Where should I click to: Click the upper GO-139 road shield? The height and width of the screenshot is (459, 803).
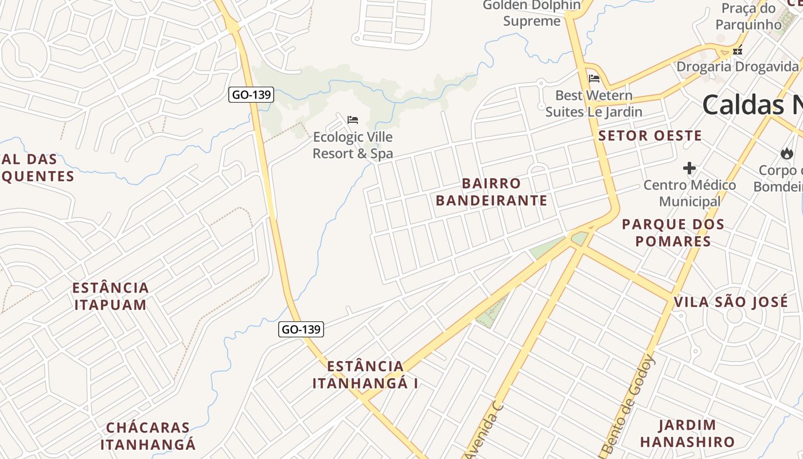point(251,95)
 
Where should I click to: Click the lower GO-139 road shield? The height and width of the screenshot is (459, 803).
point(301,329)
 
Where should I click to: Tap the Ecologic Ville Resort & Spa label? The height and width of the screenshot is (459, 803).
point(353,145)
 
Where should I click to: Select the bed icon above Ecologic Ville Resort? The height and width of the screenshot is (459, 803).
point(353,120)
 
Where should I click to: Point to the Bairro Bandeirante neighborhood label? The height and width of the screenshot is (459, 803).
point(492,192)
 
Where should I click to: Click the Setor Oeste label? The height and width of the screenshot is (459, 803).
point(650,136)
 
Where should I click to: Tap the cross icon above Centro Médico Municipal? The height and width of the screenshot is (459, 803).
point(689,168)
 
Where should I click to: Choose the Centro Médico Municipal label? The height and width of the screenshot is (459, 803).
point(689,193)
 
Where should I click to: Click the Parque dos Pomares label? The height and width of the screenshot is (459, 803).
point(673,232)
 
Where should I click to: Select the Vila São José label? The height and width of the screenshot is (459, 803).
point(731,302)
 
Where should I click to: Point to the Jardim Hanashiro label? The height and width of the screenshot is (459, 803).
point(687,433)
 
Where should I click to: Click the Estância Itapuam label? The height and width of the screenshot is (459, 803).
point(111,296)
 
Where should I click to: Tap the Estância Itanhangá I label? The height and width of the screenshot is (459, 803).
point(365,375)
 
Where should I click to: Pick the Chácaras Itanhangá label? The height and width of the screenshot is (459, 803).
point(148,436)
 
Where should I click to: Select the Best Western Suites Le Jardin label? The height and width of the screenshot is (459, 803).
point(594,103)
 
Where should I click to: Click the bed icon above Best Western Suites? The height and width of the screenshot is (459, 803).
point(594,79)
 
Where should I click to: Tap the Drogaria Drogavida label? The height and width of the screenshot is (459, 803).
point(737,67)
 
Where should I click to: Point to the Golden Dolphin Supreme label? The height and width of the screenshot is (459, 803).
point(532,13)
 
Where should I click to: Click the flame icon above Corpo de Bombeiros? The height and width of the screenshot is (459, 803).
point(786,153)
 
